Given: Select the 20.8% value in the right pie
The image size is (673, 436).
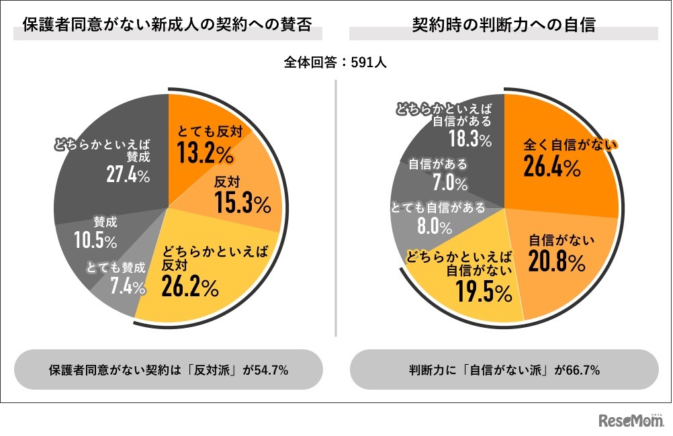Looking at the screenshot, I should coord(555,263).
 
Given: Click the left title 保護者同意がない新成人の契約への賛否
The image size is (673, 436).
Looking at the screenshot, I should coord(168,26).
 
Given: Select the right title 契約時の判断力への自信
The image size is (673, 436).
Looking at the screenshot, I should coord(504,26).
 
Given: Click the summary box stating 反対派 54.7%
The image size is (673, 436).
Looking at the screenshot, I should coord(169,369).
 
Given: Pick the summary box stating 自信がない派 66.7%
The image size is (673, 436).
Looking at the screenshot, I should coord(504,369).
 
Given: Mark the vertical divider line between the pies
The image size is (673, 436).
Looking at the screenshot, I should coord(336,208).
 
